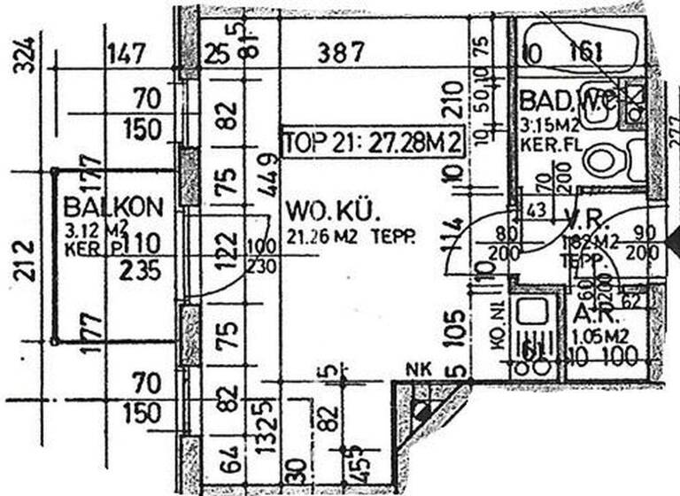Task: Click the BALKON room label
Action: [x=114, y=207]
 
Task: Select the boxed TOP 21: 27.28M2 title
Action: [x=373, y=142]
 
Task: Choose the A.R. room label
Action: [x=589, y=317]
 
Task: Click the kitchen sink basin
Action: [x=532, y=313]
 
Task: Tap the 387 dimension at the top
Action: [x=340, y=53]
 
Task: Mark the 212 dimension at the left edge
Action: [x=27, y=260]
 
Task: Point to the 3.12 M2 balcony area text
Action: [x=90, y=231]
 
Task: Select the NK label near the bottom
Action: [x=417, y=369]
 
